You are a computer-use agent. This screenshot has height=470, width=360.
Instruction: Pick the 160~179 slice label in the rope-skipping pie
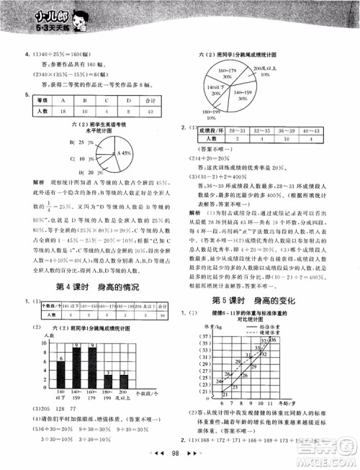point(217,71)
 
